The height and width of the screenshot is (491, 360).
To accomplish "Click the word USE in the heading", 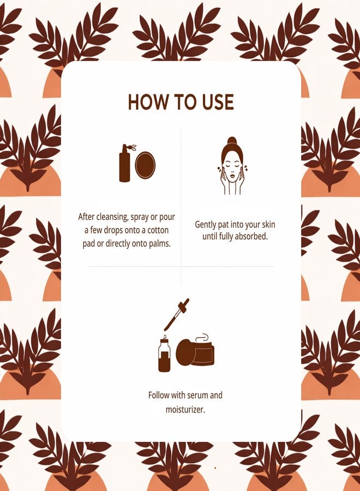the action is [x=218, y=102].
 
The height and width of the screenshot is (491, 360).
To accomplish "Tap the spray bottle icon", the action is [x=126, y=163].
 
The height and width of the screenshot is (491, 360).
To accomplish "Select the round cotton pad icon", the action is [x=145, y=164].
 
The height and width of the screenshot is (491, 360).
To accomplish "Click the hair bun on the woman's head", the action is [x=231, y=141].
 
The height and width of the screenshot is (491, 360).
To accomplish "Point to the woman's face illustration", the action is [x=232, y=166].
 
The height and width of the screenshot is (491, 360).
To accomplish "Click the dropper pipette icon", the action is [x=177, y=315].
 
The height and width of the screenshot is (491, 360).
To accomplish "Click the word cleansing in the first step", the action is [x=111, y=217].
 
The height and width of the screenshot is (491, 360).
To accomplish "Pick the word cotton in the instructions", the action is [x=158, y=230].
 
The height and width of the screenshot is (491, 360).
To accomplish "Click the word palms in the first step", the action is [x=160, y=244].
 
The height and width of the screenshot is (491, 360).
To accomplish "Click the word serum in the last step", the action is [x=199, y=395].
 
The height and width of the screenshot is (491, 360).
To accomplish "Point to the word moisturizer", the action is [x=185, y=409].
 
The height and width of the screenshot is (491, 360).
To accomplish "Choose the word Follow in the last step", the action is [x=158, y=395].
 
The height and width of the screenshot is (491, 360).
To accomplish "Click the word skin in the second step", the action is [x=268, y=225].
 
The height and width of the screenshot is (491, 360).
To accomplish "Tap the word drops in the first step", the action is [x=113, y=230].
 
